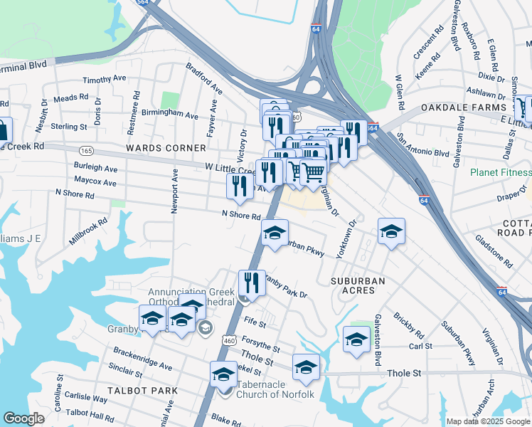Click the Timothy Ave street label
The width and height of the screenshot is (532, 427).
pyautogui.click(x=104, y=80)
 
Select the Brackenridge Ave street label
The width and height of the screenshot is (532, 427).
pyautogui.click(x=142, y=358)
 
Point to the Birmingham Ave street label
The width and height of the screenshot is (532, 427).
pyautogui.click(x=169, y=114)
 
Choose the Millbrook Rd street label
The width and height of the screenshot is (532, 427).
pyautogui.click(x=88, y=231)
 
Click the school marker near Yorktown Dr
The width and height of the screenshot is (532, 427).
pyautogui.click(x=390, y=231)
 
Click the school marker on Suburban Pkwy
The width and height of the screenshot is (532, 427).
pyautogui.click(x=275, y=233)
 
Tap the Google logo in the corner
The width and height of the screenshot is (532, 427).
pyautogui.click(x=23, y=418)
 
